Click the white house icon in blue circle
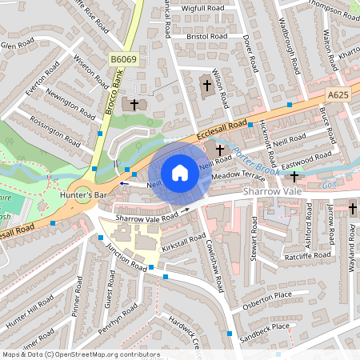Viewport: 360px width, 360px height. coord(180,173)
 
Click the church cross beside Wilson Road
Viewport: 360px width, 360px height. coord(206,85)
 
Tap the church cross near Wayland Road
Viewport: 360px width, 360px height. coord(353,209)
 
